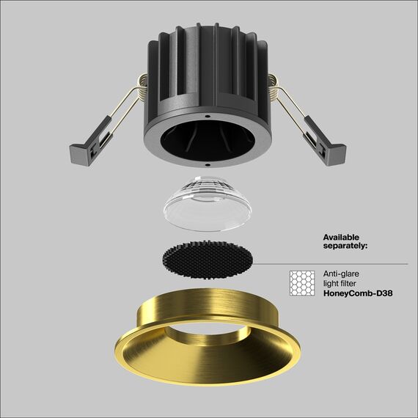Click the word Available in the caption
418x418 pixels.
coord(342,237)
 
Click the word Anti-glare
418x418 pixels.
coord(337,274)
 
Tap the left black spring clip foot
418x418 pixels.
coord(80,153)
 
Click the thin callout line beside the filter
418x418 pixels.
coord(330,264)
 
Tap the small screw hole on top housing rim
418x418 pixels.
coord(208,116)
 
